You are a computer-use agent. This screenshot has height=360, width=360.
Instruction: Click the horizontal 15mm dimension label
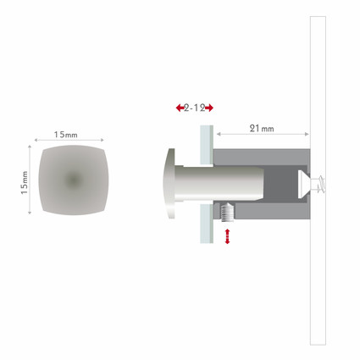point(65,135)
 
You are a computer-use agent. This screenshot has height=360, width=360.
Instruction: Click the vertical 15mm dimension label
point(25,182)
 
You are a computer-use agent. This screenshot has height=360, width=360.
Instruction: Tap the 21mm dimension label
point(262,129)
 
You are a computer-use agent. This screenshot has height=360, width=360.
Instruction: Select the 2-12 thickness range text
point(195,108)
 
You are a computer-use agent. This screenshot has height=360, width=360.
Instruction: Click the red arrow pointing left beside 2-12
point(180,108)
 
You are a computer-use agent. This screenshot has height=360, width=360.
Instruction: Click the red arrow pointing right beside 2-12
point(209,108)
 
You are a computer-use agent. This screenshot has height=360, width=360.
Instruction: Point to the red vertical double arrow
point(227,236)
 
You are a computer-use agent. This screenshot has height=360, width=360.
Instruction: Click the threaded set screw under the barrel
point(227,213)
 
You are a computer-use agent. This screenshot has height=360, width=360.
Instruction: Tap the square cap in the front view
point(74,180)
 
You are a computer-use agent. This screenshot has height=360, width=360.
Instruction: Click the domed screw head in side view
point(170,184)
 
